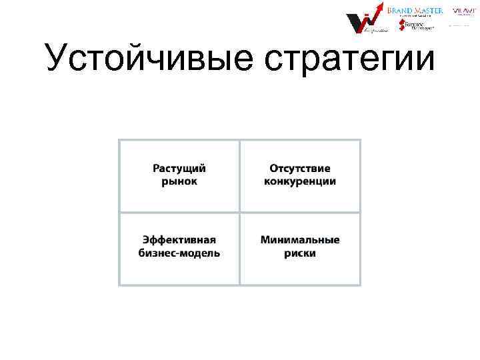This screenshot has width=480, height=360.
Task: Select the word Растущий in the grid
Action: (179, 169)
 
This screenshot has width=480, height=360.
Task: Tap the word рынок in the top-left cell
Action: (179, 182)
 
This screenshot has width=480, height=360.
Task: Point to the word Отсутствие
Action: (300, 169)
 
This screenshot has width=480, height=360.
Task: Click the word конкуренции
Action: (300, 182)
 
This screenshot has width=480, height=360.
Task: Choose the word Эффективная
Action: (179, 240)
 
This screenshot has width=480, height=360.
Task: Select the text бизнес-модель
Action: (179, 253)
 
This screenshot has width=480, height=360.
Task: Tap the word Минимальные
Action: (300, 240)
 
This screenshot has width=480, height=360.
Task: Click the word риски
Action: (300, 253)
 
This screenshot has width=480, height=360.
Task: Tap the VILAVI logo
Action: (465, 11)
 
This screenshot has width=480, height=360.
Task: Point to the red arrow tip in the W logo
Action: (382, 5)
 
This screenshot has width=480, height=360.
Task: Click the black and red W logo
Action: (363, 23)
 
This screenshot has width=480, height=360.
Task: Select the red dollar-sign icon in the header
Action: (401, 25)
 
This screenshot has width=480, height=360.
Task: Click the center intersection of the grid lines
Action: (239, 213)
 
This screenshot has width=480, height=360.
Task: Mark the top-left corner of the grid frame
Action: (119, 140)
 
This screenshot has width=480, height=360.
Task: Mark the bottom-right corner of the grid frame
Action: (360, 285)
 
